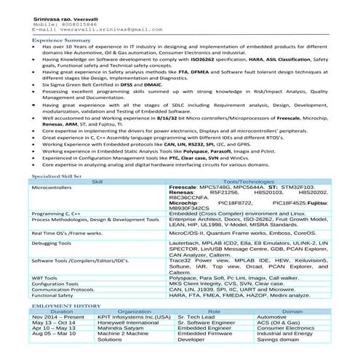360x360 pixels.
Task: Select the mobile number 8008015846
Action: click(x=75, y=23)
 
